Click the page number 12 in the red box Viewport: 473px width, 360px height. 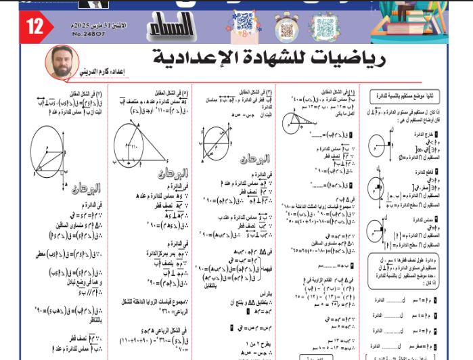tap(34, 26)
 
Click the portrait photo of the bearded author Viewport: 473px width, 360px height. tap(60, 64)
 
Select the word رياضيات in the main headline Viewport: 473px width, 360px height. tap(352, 60)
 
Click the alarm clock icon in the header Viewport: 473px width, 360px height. tap(286, 27)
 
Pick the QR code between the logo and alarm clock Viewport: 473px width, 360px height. tap(243, 25)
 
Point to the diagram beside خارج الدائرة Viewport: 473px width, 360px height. tap(376, 145)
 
